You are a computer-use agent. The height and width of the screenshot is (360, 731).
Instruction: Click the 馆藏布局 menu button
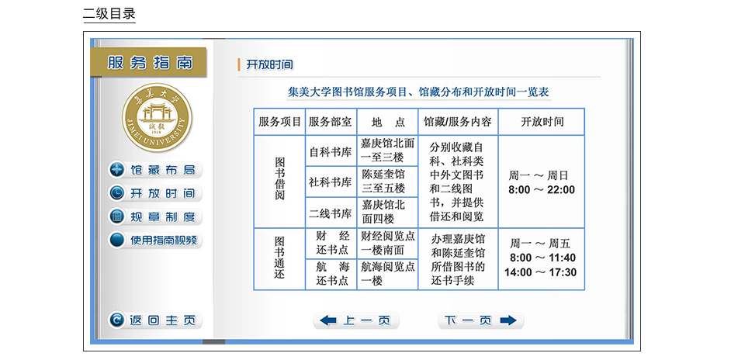(x=154, y=170)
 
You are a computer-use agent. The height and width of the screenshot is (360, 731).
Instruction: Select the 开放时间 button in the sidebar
(x=154, y=193)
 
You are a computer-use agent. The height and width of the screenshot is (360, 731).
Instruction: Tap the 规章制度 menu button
(x=154, y=216)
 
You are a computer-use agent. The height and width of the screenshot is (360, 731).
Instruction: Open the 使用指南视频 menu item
(x=154, y=241)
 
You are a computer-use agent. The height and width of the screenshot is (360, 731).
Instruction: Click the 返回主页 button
(x=154, y=320)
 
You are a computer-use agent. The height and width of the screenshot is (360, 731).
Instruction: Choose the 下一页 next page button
(x=480, y=320)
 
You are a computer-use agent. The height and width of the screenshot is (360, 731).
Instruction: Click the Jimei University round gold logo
(x=157, y=117)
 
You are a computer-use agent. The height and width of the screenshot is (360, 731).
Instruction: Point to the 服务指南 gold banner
(x=149, y=63)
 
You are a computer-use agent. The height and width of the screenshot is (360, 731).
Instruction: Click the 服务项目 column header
(x=279, y=122)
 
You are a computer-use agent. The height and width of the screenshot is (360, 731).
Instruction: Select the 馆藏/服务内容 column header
(x=458, y=122)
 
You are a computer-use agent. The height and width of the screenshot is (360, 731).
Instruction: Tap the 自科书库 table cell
(x=331, y=151)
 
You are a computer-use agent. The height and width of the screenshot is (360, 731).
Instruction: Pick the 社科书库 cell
(x=331, y=182)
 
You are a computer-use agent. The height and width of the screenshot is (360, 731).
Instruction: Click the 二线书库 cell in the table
(x=331, y=213)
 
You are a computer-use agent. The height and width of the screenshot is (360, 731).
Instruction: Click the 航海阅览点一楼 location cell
(x=387, y=274)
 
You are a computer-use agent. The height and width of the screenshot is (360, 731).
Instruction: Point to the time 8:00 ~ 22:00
(x=541, y=190)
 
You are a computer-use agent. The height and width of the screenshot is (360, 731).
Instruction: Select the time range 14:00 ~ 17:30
(x=541, y=272)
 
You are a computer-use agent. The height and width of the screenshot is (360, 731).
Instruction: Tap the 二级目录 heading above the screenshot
(x=109, y=14)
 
